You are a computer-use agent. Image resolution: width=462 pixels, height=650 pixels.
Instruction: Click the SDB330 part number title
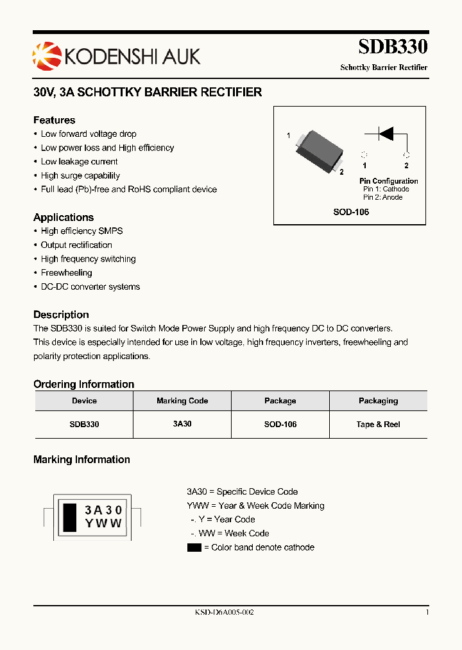click(393, 47)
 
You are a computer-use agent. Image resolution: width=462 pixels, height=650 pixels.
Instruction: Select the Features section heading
click(54, 120)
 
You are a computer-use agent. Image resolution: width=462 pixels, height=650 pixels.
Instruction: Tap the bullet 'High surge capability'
click(80, 175)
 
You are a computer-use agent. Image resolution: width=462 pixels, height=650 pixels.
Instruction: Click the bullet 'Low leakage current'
click(79, 162)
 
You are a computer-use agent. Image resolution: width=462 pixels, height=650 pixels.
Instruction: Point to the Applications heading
click(64, 217)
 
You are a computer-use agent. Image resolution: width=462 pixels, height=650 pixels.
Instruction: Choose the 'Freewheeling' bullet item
click(66, 273)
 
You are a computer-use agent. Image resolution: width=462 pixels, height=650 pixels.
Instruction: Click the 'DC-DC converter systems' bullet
click(90, 287)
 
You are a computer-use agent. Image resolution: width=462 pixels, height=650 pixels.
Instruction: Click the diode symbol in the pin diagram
click(386, 134)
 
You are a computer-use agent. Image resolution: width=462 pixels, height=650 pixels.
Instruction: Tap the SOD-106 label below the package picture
click(351, 212)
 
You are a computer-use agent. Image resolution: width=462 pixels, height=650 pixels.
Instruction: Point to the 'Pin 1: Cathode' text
click(386, 189)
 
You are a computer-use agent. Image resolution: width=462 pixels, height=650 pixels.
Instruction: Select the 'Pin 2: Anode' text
click(383, 197)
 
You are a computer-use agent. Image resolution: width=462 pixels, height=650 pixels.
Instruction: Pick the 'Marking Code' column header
click(182, 401)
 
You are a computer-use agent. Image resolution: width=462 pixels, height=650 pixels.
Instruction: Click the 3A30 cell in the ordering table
click(182, 425)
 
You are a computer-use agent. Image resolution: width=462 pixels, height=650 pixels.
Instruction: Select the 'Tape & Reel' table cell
click(378, 425)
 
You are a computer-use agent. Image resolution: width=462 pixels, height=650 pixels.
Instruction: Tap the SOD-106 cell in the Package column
click(280, 425)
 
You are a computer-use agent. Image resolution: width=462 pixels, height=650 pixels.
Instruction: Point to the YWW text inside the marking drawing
click(103, 523)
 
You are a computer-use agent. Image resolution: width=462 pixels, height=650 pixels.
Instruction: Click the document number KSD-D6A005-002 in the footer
click(225, 613)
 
